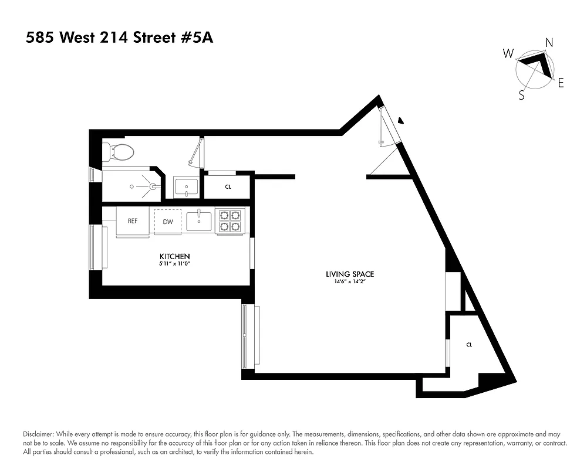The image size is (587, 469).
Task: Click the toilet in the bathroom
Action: (120, 153)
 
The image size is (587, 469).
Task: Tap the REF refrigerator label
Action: (133, 221)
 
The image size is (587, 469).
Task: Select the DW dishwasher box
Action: (168, 222)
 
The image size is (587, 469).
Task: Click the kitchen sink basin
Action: (200, 220)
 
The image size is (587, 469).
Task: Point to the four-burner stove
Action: (230, 220)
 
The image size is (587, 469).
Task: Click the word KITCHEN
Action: (175, 257)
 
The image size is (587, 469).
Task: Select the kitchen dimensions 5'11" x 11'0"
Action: (175, 264)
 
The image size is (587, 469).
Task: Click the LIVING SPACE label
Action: (350, 274)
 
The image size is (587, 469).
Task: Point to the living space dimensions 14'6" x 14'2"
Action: (350, 282)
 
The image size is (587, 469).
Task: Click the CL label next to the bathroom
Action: (228, 187)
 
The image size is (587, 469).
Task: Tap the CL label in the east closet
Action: (469, 345)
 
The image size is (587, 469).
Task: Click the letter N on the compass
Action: (549, 42)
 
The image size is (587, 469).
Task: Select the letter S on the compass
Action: (521, 96)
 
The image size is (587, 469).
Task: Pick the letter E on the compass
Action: (561, 83)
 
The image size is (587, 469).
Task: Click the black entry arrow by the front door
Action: (401, 121)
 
